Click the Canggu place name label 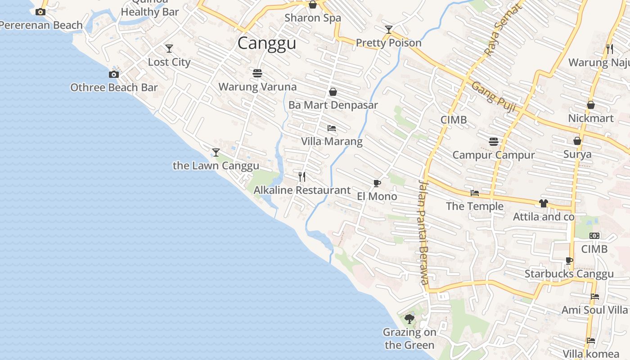[x=267, y=43]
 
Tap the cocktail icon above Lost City [x=169, y=48]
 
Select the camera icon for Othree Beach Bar [x=114, y=74]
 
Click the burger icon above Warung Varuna [x=257, y=73]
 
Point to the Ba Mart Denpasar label [x=333, y=105]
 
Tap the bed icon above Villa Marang [x=332, y=128]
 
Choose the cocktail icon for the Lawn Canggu [x=216, y=152]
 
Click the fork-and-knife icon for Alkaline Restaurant [x=302, y=176]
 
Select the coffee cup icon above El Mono [x=377, y=183]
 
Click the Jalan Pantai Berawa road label [x=423, y=232]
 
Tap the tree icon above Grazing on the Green [x=409, y=319]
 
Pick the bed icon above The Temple [x=475, y=193]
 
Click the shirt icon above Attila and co [x=544, y=203]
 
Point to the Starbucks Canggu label [x=569, y=274]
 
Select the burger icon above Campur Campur [x=494, y=142]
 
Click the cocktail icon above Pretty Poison [x=389, y=30]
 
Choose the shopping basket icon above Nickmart [x=591, y=105]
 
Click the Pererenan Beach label [x=41, y=25]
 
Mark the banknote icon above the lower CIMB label [x=594, y=236]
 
